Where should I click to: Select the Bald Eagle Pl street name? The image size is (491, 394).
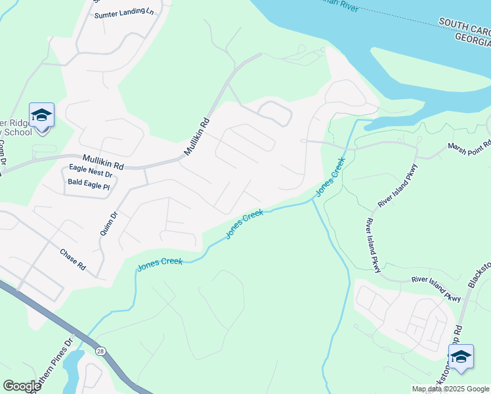click(89, 187)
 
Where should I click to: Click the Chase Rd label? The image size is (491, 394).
click(73, 259)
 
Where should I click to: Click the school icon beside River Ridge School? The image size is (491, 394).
click(41, 116)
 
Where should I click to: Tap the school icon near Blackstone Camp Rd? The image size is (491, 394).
click(461, 357)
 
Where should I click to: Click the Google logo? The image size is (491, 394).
click(22, 386)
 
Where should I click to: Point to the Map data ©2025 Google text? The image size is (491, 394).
click(450, 389)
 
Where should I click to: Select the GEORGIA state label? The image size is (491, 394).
click(472, 37)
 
